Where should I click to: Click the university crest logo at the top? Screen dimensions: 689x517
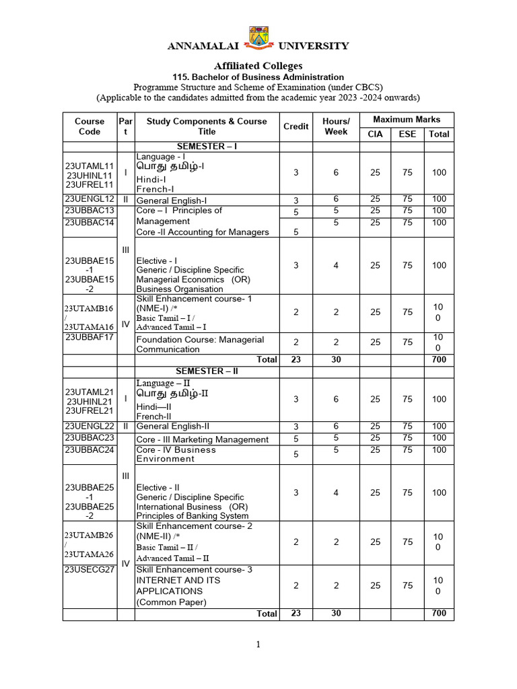click(x=258, y=38)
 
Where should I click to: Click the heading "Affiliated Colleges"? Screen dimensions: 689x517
click(x=258, y=65)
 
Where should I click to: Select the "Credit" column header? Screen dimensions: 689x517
click(x=296, y=126)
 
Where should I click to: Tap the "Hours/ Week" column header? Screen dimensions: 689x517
click(x=336, y=126)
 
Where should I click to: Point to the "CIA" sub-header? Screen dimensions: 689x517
click(x=375, y=134)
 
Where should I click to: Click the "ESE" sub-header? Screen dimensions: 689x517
click(x=407, y=134)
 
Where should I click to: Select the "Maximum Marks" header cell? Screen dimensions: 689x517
click(x=407, y=119)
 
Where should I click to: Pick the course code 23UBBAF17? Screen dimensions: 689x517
click(x=90, y=338)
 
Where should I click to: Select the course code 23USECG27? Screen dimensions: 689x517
click(x=90, y=570)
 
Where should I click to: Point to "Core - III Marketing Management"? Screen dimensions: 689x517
click(x=202, y=439)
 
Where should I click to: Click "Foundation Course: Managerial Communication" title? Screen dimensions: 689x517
click(x=200, y=344)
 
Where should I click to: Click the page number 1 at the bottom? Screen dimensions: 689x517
click(x=258, y=645)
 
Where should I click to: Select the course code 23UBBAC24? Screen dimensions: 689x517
click(x=90, y=449)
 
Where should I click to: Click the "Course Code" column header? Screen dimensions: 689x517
click(x=90, y=126)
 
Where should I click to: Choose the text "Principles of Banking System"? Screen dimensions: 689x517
click(x=193, y=516)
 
